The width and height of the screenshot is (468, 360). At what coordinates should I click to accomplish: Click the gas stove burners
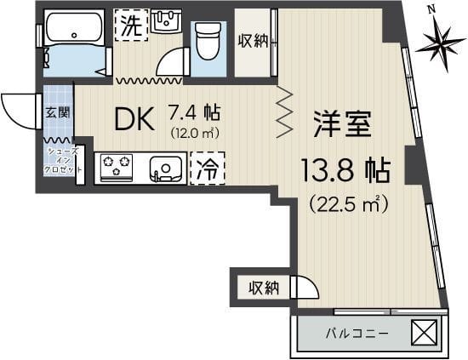[x=116, y=167]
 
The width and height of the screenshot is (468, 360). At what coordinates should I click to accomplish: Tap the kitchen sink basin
[x=167, y=168]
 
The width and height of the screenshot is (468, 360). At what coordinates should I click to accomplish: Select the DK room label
[x=134, y=120]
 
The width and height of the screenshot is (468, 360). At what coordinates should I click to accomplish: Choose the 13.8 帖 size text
[x=345, y=169]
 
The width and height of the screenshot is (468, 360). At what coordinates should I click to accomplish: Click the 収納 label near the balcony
[x=263, y=289]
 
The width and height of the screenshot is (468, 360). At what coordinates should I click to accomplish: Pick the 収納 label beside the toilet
[x=254, y=40]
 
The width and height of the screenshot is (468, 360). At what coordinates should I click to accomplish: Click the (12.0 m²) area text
[x=196, y=132]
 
